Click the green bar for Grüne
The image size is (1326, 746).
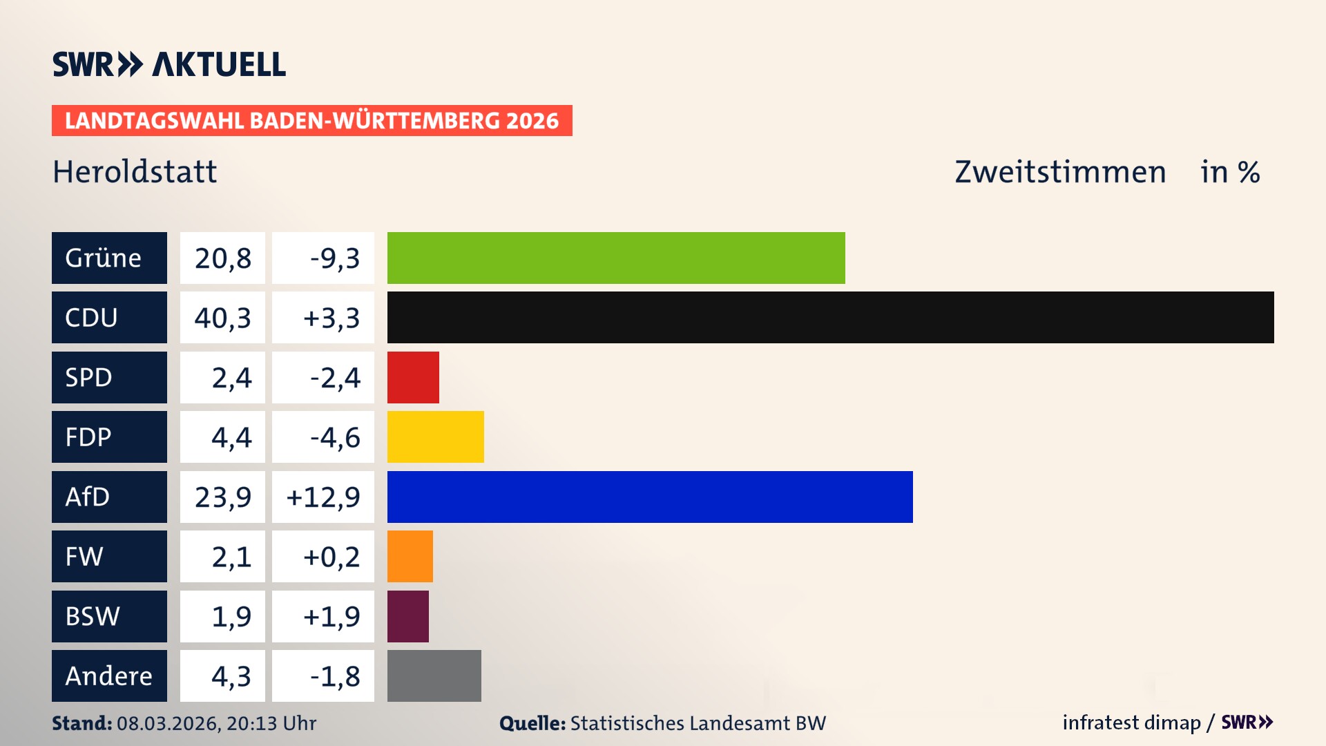point(616,258)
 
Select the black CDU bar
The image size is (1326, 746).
point(830,317)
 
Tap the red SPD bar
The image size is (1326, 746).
point(413,377)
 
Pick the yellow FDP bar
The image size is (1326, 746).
point(435,437)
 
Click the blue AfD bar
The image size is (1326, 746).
point(650,497)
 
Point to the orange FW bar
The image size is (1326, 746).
point(410,556)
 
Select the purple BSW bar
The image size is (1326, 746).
point(408,616)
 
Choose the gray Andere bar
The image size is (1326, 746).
point(434,676)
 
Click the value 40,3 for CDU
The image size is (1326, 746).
point(222,318)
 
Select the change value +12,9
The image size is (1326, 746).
point(323,497)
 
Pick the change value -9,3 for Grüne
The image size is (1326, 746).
point(334,258)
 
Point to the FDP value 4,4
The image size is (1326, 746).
point(231,437)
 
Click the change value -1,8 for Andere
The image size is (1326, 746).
point(334,676)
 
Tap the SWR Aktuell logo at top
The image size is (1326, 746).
point(169,64)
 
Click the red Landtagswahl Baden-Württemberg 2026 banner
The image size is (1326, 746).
point(311,121)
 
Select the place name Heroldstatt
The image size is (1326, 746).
point(135,172)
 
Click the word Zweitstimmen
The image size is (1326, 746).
point(1060,172)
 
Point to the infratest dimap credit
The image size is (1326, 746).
point(1131,723)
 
